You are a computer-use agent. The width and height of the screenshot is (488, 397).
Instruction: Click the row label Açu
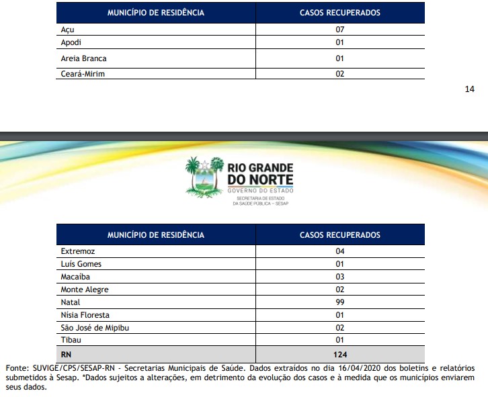coord(67,30)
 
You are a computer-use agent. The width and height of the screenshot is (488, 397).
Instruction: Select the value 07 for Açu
coord(339,30)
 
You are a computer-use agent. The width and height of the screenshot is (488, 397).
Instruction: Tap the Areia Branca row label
coord(83,59)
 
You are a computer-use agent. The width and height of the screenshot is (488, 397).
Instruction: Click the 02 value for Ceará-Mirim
coord(339,74)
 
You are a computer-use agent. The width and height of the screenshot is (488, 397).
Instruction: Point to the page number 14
coord(470,89)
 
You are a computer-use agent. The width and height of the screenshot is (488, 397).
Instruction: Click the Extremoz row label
coord(77,251)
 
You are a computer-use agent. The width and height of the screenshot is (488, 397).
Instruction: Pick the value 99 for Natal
coord(339,302)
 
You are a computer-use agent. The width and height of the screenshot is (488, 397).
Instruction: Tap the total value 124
coord(339,354)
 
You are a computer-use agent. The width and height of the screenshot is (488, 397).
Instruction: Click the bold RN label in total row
coord(67,354)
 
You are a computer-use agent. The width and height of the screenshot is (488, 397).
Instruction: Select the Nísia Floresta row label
coord(85,315)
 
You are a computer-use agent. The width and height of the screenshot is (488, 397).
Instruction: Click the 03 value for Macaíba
coord(339,277)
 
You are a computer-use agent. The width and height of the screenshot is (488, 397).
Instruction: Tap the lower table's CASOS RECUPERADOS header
coord(339,235)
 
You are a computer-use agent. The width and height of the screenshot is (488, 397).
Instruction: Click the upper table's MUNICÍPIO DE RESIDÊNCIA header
coord(155,13)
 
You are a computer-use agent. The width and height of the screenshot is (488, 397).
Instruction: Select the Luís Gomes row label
coord(81,264)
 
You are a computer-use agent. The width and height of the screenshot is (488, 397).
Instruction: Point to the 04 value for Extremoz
coord(339,251)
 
